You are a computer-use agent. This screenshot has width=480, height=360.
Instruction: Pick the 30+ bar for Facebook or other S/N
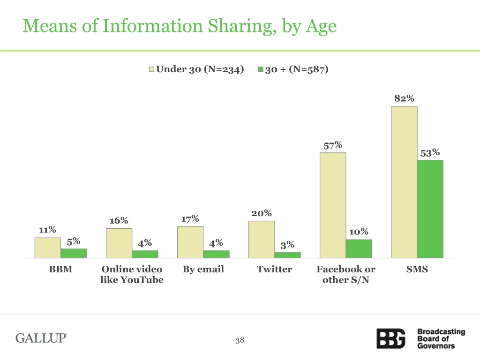(x=359, y=248)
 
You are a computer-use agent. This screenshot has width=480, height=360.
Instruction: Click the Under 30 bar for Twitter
(x=262, y=239)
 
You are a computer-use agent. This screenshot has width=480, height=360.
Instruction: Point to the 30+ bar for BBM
(x=74, y=253)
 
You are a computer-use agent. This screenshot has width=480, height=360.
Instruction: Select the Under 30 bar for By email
(x=190, y=242)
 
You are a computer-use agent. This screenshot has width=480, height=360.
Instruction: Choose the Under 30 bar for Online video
(x=119, y=243)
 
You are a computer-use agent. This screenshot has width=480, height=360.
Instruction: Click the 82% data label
(x=404, y=98)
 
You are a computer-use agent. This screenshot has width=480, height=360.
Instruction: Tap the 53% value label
(x=430, y=153)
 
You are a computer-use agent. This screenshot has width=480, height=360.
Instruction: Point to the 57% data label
(x=333, y=145)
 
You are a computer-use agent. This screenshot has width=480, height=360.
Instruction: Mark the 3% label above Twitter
(x=287, y=245)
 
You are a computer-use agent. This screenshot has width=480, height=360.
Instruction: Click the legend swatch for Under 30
(x=151, y=69)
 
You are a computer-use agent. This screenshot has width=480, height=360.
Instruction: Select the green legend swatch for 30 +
(x=261, y=69)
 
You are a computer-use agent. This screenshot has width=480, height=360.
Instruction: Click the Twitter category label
(x=274, y=270)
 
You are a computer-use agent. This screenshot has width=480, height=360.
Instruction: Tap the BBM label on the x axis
(x=60, y=270)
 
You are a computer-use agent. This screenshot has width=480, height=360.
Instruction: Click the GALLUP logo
(x=41, y=338)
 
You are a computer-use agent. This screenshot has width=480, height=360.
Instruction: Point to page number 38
(x=240, y=340)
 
